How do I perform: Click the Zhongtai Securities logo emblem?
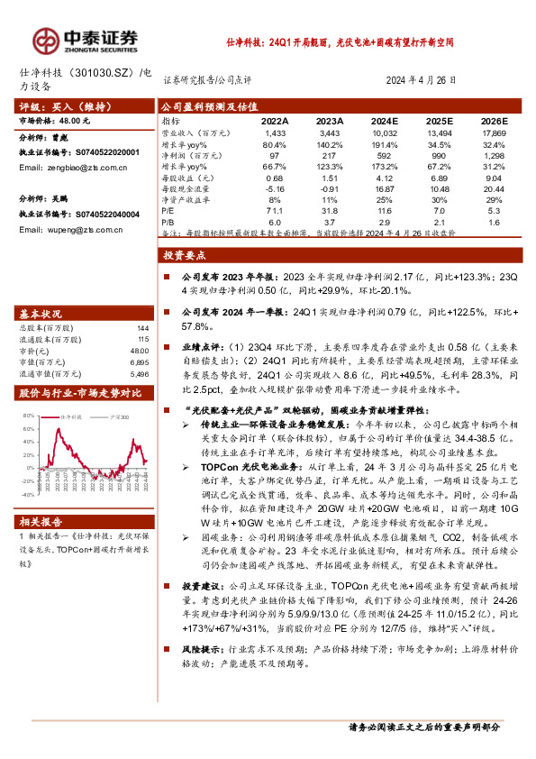[x=44, y=39]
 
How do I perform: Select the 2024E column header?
[x=385, y=120]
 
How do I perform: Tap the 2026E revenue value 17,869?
[x=494, y=133]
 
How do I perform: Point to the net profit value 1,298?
[x=494, y=154]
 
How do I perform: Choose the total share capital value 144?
[x=141, y=327]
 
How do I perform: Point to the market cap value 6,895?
[x=139, y=361]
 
